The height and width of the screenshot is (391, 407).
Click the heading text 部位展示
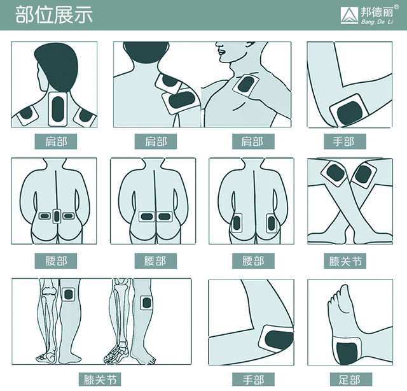(x=54, y=15)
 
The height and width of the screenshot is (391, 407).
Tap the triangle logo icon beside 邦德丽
(x=349, y=15)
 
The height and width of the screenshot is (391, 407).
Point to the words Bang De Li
(x=377, y=22)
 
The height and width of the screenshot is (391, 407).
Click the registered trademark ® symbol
(x=396, y=7)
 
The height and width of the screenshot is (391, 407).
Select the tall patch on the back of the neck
(x=58, y=109)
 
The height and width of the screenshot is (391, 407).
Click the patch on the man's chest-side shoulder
(x=245, y=85)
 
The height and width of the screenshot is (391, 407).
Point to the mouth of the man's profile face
(x=221, y=51)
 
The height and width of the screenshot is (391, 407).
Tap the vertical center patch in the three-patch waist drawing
(x=57, y=215)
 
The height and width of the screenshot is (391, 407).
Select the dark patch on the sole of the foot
(x=347, y=353)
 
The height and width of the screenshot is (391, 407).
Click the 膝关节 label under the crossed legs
(x=345, y=261)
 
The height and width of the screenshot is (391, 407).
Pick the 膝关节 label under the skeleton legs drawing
(x=100, y=380)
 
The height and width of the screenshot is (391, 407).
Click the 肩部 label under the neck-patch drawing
(x=56, y=141)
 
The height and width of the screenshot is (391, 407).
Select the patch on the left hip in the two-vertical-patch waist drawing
(x=237, y=222)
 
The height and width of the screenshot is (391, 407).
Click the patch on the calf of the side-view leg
(x=146, y=303)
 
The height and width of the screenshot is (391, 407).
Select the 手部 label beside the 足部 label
(x=253, y=380)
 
